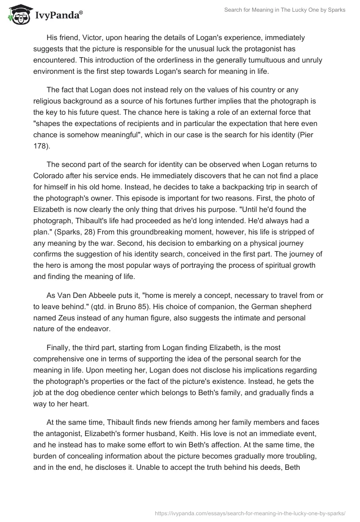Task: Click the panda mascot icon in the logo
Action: (18, 14)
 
